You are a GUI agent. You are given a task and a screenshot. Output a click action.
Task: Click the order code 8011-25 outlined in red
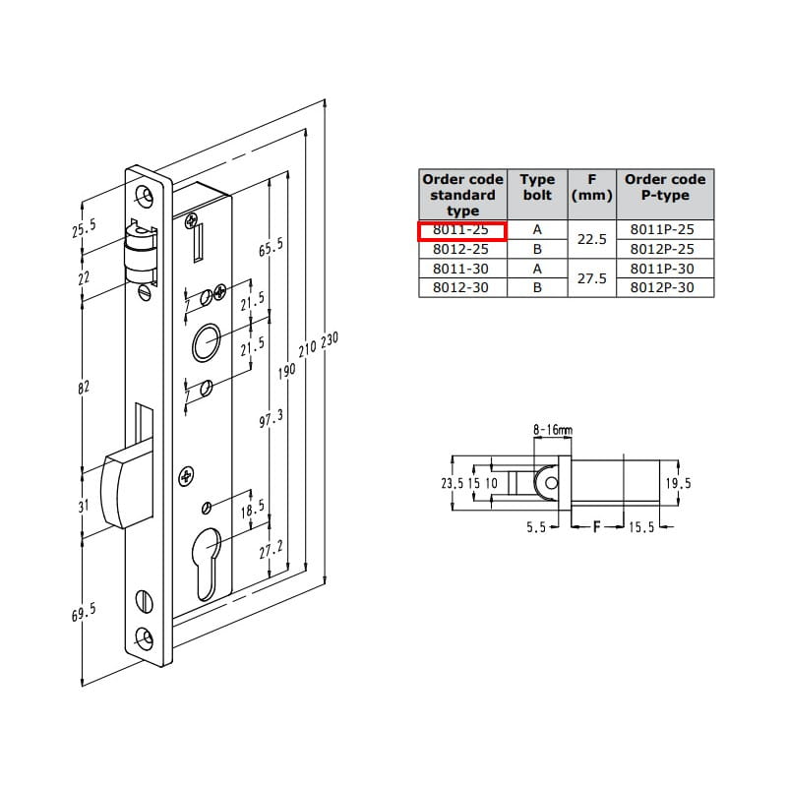(460, 230)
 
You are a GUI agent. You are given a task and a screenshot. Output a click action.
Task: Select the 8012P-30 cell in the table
(662, 287)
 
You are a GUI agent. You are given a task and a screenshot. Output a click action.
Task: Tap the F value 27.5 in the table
(592, 278)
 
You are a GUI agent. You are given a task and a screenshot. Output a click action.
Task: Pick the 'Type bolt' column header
(537, 187)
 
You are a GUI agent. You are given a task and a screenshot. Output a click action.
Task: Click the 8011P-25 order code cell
(662, 229)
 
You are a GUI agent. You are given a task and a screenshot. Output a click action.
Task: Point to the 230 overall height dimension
(330, 339)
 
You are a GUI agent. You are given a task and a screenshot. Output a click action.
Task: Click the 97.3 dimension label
(272, 418)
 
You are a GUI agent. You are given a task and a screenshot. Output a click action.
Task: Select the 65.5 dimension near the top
(272, 247)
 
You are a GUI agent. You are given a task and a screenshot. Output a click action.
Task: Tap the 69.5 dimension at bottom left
(84, 612)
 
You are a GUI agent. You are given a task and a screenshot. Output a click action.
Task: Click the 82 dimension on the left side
(84, 387)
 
